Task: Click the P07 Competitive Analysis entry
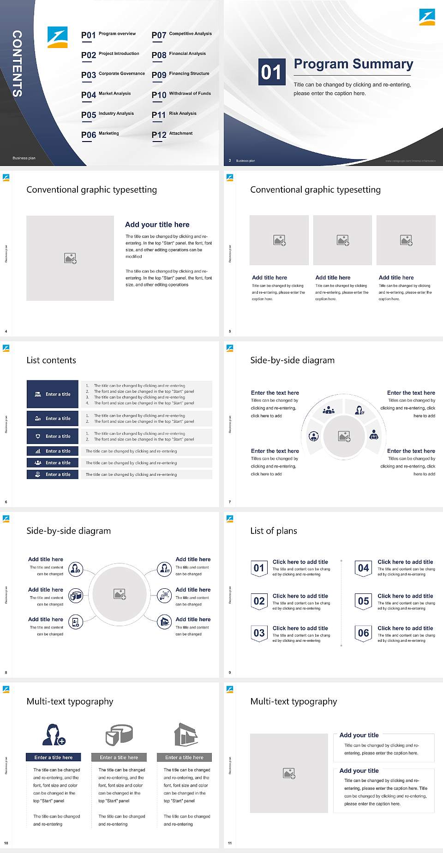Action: tap(181, 35)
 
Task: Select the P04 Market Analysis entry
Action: tap(106, 95)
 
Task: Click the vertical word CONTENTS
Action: tap(17, 64)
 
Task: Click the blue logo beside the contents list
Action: tap(58, 37)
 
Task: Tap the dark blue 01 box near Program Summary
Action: tap(271, 72)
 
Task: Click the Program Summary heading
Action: tap(353, 64)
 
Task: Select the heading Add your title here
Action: tap(157, 225)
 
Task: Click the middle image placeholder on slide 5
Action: tap(342, 240)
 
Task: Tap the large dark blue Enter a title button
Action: tap(53, 394)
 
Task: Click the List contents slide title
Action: tap(51, 360)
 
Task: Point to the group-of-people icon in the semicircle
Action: tap(329, 410)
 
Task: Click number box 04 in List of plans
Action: tap(363, 568)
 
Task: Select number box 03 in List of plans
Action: tap(259, 633)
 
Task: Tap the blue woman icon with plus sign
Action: tap(54, 735)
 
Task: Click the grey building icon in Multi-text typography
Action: tap(186, 735)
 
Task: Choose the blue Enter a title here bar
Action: tap(53, 757)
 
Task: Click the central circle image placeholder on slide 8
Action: tap(120, 594)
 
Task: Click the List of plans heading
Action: tap(273, 531)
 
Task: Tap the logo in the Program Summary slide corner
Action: tap(427, 17)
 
